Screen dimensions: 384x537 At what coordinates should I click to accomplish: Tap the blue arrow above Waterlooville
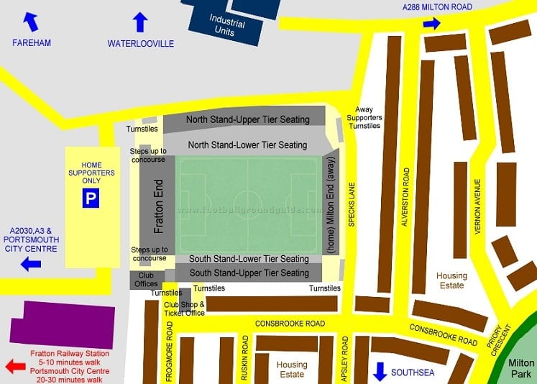[x=139, y=22]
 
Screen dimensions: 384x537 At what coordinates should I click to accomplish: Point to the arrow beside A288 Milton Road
[x=431, y=24]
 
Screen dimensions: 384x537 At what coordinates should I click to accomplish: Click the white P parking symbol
[x=90, y=199]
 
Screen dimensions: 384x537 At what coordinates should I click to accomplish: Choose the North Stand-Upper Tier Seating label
[x=247, y=120]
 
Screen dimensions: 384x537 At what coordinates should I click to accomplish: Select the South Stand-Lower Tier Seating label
[x=249, y=259]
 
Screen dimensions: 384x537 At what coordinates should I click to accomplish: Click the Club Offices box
[x=147, y=279]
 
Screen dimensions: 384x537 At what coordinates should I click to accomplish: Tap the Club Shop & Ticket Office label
[x=184, y=308]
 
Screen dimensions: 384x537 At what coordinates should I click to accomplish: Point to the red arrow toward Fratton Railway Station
[x=15, y=367]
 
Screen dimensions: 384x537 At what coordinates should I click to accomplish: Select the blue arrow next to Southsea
[x=380, y=371]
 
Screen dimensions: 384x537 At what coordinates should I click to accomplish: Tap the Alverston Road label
[x=406, y=197]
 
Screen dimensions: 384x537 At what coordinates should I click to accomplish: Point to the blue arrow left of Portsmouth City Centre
[x=30, y=265]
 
